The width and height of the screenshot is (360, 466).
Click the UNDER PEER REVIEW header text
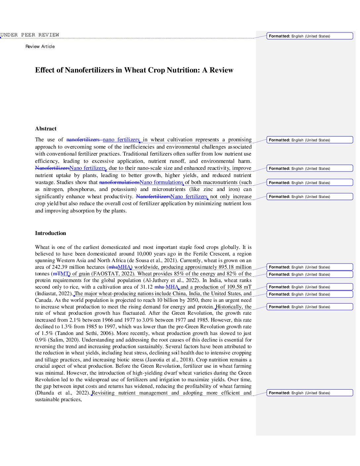[30, 35]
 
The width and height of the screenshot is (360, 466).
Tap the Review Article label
[40, 47]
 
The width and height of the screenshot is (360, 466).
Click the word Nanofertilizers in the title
[89, 70]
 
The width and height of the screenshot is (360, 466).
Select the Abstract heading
[46, 129]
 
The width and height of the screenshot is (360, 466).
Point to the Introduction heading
[51, 233]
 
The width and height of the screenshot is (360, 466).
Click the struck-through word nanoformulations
[119, 182]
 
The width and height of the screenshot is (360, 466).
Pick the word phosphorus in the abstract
[81, 189]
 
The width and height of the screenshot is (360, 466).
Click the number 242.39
[60, 267]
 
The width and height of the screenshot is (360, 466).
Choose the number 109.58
[234, 287]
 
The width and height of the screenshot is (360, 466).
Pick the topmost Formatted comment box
[310, 36]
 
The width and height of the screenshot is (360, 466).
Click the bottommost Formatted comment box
[310, 393]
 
